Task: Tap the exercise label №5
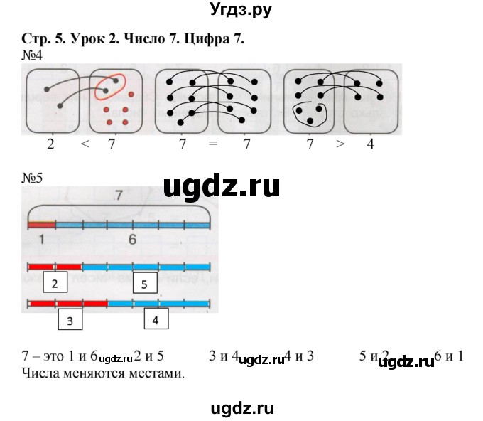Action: [33, 178]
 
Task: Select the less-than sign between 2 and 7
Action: [85, 144]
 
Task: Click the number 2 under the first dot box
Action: [50, 144]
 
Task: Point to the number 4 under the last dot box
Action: [370, 144]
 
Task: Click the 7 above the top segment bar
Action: [119, 194]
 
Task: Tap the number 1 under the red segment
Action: [42, 240]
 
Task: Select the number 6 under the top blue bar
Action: [132, 240]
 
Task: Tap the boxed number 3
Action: [70, 320]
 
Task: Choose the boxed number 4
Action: [156, 320]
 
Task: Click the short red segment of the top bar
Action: [41, 225]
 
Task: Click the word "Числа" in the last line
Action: [40, 372]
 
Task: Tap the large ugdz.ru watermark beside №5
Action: [222, 186]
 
